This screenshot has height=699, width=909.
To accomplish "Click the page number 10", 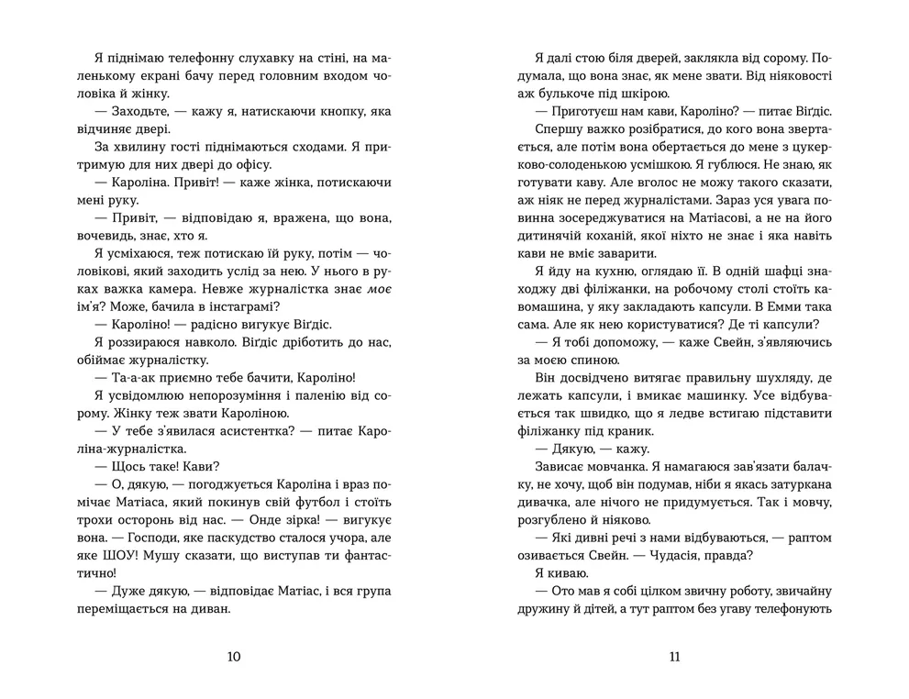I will click(x=233, y=656).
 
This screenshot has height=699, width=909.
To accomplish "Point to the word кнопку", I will click(x=322, y=112).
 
